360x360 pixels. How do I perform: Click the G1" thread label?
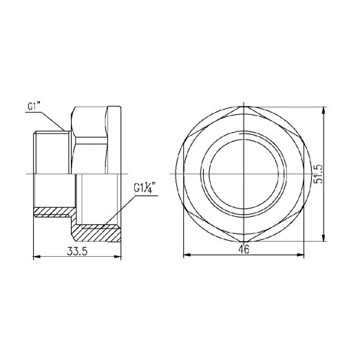[x=36, y=107]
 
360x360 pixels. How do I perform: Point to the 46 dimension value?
[x=244, y=251]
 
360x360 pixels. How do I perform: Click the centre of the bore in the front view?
[x=244, y=173]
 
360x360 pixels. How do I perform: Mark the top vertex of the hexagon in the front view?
[x=244, y=107]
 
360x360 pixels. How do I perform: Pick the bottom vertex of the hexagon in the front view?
[x=244, y=241]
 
